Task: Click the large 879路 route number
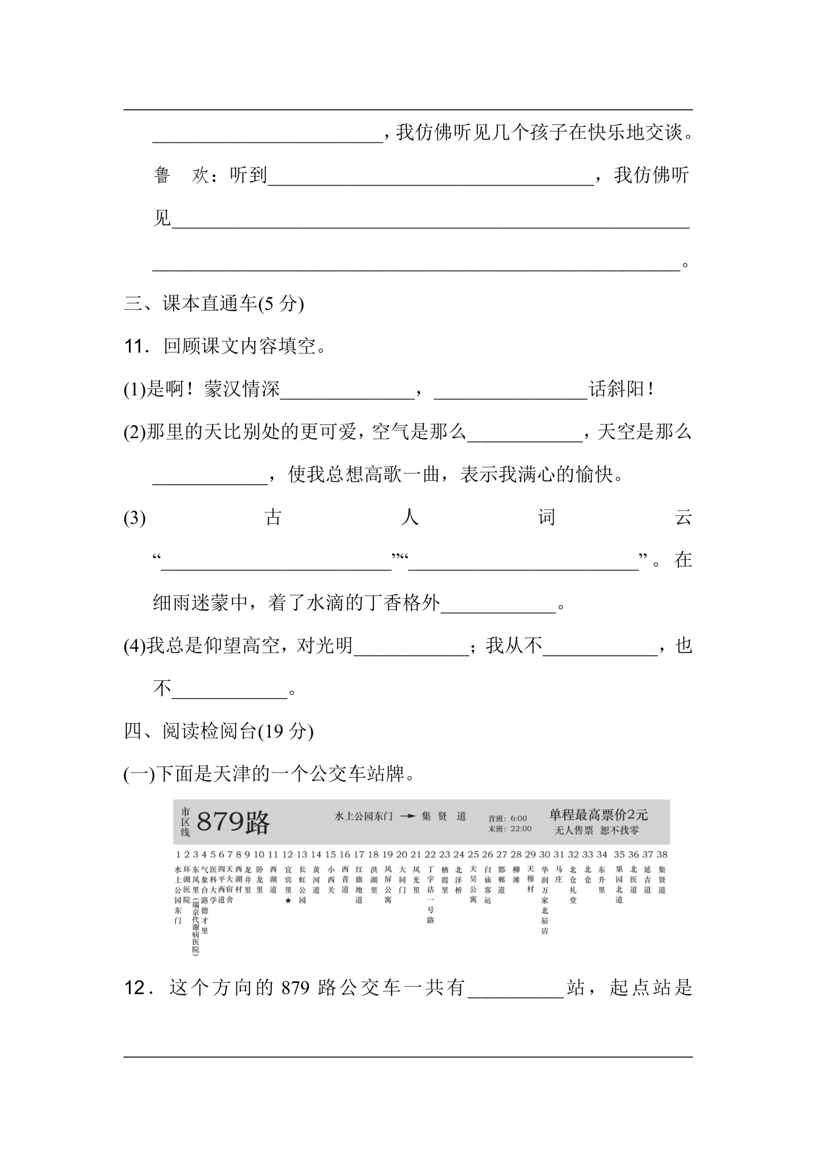pos(233,822)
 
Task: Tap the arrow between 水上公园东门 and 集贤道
pos(408,816)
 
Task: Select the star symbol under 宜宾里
pos(287,901)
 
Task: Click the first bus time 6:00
pos(518,818)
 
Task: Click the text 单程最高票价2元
pos(598,815)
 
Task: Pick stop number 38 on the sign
pos(662,854)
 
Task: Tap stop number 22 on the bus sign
pos(430,854)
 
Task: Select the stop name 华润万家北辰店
pos(544,899)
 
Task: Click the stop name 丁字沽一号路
pos(431,894)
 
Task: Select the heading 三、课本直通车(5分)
pos(214,303)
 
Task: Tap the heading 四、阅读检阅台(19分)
pos(219,731)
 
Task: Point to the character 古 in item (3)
pos(273,518)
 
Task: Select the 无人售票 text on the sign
pos(574,830)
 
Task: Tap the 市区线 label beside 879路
pos(185,822)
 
